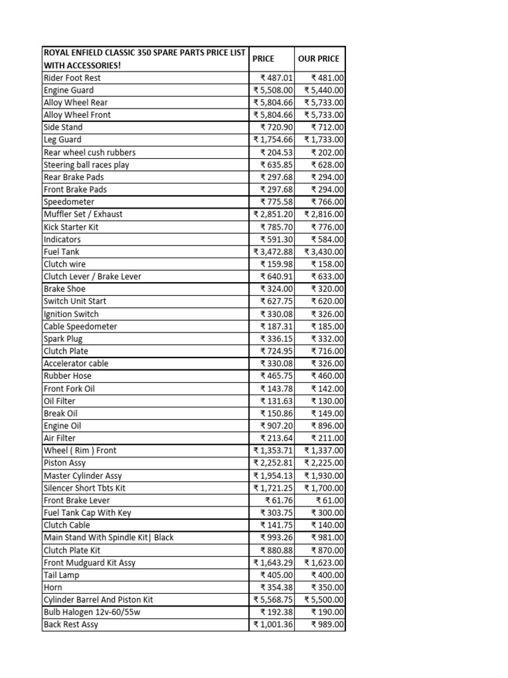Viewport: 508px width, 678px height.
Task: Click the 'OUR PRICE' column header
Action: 319,58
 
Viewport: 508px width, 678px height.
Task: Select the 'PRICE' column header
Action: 263,58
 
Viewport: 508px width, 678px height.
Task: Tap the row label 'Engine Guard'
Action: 69,90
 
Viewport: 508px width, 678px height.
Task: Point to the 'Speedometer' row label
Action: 69,202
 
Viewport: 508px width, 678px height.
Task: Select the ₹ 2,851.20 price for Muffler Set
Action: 273,214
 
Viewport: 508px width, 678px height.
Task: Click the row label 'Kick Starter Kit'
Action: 71,226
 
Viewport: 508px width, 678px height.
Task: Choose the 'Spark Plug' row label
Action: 63,339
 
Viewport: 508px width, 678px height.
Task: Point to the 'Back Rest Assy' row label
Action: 71,624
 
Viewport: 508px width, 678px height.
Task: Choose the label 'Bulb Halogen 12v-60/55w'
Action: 92,612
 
